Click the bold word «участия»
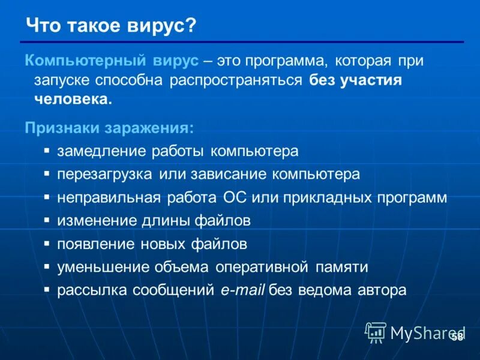point(371,80)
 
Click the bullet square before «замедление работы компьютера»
point(47,150)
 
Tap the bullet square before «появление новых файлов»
point(47,244)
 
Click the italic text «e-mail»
point(242,290)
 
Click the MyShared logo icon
point(376,331)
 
